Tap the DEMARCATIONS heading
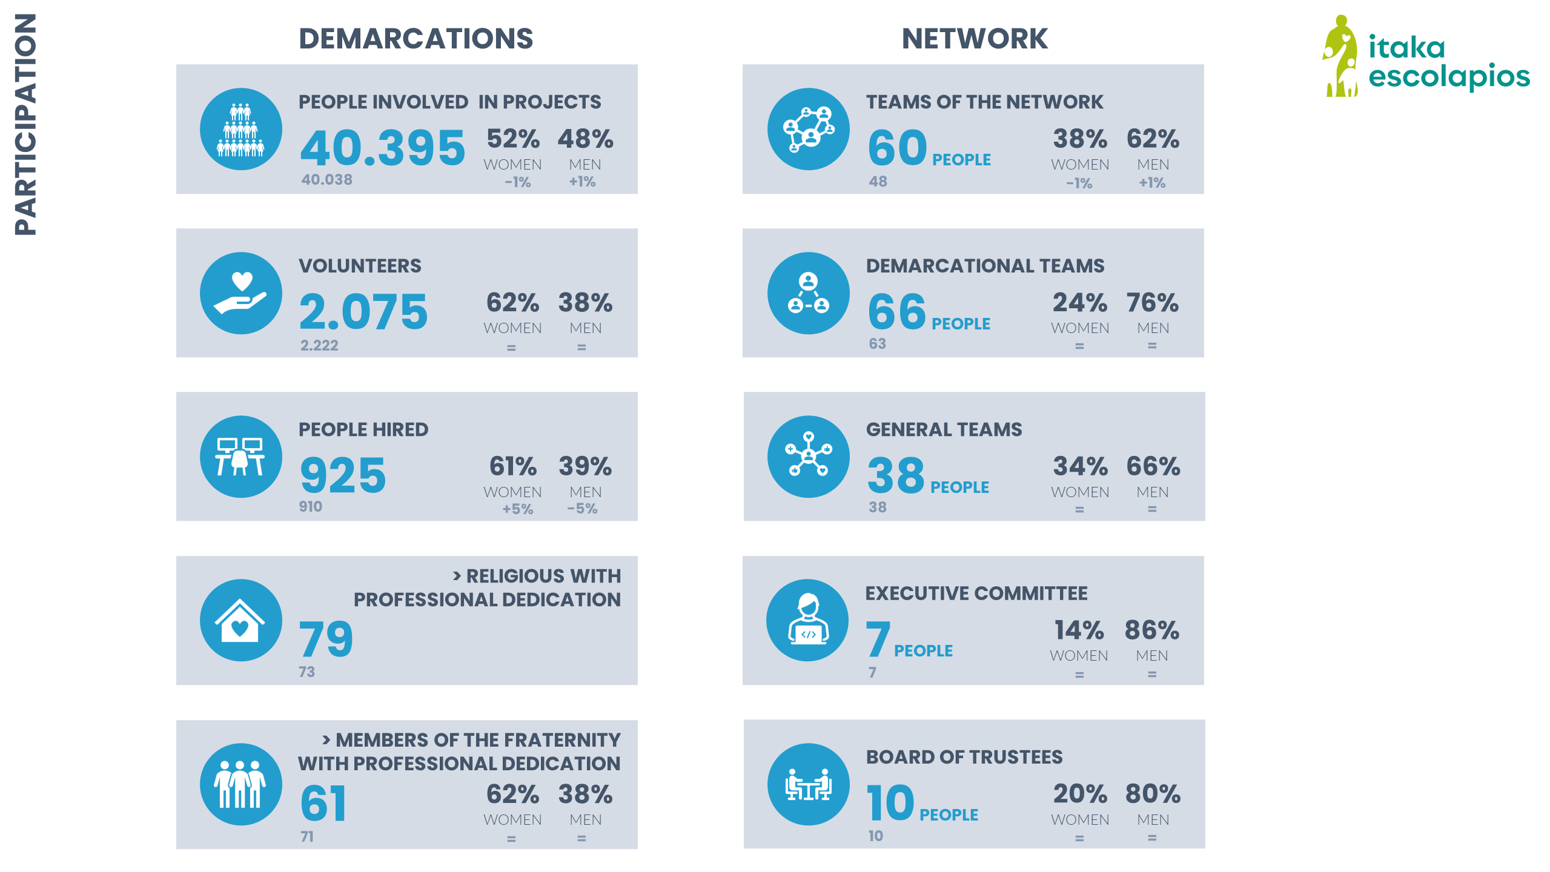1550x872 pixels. coord(416,39)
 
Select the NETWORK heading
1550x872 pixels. coord(974,39)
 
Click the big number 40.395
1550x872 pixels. coord(383,148)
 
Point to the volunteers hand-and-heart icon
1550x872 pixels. coord(241,293)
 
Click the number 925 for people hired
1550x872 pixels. coord(343,475)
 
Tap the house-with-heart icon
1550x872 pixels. coord(241,620)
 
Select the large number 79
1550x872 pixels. coord(326,639)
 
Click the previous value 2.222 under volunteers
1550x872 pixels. coord(319,345)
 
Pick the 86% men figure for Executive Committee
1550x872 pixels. coord(1151,630)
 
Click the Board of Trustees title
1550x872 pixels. coord(964,757)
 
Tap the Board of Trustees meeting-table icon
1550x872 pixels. coord(808,784)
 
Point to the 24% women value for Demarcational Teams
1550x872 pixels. coord(1079,303)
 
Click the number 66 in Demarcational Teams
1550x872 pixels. coord(896,312)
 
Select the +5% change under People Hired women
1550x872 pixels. coord(517,509)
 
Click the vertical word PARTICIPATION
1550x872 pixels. coord(25,124)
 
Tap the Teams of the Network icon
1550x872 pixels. coord(808,129)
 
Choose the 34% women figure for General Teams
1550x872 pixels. coord(1080,466)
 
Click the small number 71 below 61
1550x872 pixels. coord(307,836)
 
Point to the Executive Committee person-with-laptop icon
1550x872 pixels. coord(807,620)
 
